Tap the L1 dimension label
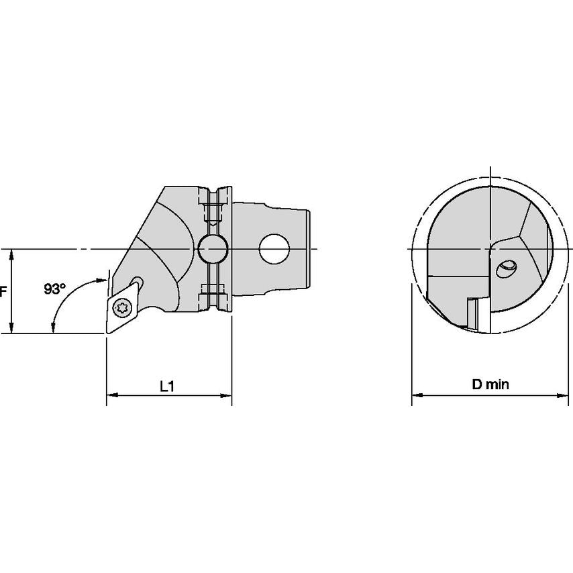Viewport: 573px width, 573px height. tap(167, 386)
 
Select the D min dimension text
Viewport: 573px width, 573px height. tap(490, 384)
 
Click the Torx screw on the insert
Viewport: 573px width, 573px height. tap(120, 309)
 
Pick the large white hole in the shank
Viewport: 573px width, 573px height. tap(274, 249)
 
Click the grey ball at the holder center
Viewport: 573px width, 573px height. tap(213, 249)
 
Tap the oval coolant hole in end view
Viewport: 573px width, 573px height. tap(506, 269)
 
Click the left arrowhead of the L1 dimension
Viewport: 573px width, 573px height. tap(111, 395)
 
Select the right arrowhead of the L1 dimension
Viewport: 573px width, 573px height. tap(227, 395)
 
